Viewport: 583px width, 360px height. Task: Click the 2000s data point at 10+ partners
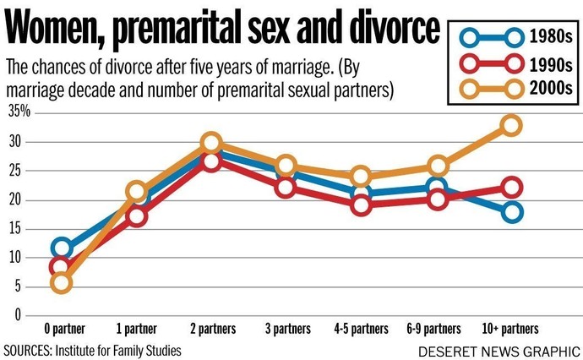(510, 125)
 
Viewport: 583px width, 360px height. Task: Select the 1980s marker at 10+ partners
(510, 212)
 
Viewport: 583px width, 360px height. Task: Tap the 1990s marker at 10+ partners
(510, 187)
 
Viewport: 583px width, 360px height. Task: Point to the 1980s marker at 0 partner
(60, 248)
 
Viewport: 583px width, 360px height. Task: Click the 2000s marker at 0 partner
(60, 281)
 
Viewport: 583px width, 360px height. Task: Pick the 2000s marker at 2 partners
(211, 142)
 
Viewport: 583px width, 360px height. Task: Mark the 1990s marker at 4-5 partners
(361, 204)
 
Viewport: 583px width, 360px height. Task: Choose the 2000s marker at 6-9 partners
(436, 165)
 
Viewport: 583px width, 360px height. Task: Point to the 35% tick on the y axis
(19, 111)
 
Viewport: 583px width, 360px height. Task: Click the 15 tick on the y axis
(14, 228)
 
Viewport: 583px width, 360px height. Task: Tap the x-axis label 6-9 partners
(436, 329)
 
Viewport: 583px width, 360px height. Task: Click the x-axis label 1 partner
(135, 329)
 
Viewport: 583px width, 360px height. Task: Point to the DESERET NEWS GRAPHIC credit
(502, 349)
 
